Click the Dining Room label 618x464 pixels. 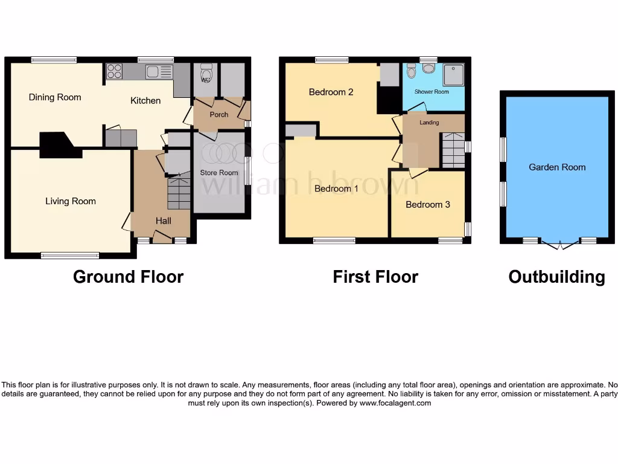coord(55,97)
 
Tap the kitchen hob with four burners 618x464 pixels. coord(114,72)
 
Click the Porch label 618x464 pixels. coord(218,115)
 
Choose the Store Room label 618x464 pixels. coord(219,173)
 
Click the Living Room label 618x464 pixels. coord(71,201)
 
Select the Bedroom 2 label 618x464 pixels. coord(331,92)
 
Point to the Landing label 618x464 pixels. coord(429,123)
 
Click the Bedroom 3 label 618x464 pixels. coord(427,205)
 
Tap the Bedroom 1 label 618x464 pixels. coord(336,188)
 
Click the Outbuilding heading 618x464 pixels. coord(556,277)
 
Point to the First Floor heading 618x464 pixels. coord(375,277)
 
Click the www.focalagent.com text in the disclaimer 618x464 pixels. coord(395,403)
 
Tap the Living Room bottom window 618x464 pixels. coord(70,256)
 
